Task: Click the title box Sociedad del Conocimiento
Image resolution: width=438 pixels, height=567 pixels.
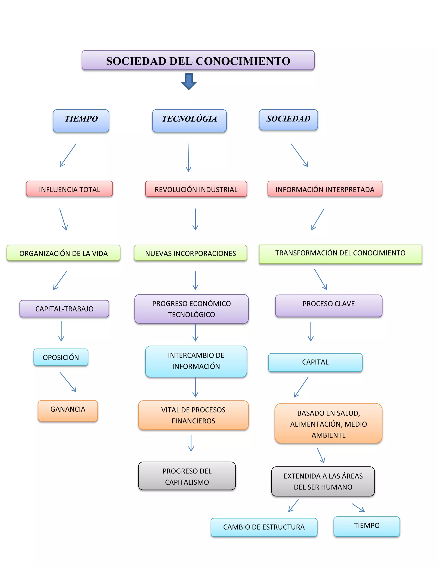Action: point(198,60)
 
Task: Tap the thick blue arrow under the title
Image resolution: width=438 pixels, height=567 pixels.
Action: point(189,81)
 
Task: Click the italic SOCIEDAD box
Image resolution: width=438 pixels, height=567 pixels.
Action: point(288,119)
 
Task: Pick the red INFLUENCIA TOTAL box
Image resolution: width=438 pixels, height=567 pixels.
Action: point(69,189)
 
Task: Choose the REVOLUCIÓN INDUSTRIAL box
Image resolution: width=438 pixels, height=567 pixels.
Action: point(196,189)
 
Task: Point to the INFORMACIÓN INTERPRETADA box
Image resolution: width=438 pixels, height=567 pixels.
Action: point(325,189)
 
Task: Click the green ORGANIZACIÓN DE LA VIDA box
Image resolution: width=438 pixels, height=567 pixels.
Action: point(63,253)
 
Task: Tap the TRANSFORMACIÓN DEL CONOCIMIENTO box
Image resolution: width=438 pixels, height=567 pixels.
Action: point(340,254)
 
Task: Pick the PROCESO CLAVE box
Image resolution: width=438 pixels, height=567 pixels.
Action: point(328,306)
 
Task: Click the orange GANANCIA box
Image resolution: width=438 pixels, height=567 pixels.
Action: point(68,410)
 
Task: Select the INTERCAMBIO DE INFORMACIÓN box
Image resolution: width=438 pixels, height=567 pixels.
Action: point(196,361)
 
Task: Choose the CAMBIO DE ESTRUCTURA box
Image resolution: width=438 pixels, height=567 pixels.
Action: point(264,527)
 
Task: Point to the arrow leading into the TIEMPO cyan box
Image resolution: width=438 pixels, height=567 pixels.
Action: point(358,508)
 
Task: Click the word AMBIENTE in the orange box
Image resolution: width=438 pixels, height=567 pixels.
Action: point(328,435)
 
